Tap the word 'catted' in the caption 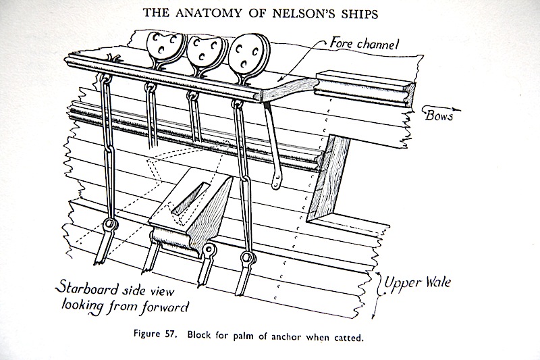point(352,336)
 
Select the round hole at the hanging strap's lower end point(276,180)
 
